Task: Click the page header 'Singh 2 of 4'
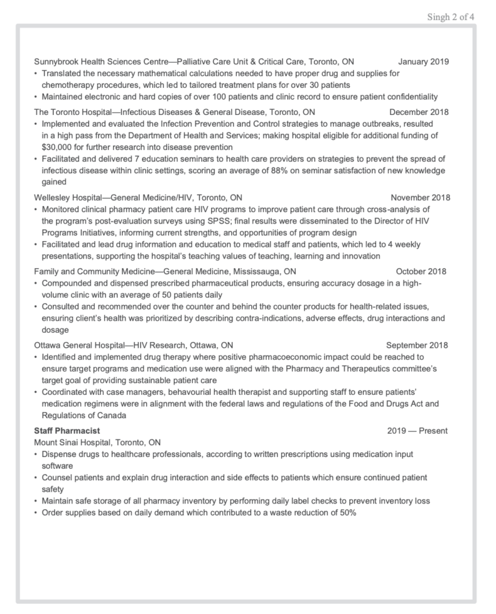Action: (x=451, y=17)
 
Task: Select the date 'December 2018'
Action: (x=418, y=112)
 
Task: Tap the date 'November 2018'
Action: (x=420, y=197)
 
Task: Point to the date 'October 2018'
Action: (x=420, y=271)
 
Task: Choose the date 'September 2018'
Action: (x=417, y=345)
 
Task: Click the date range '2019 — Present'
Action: (x=417, y=430)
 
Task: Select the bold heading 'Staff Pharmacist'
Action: (x=67, y=430)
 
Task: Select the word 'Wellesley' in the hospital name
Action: (x=53, y=197)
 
